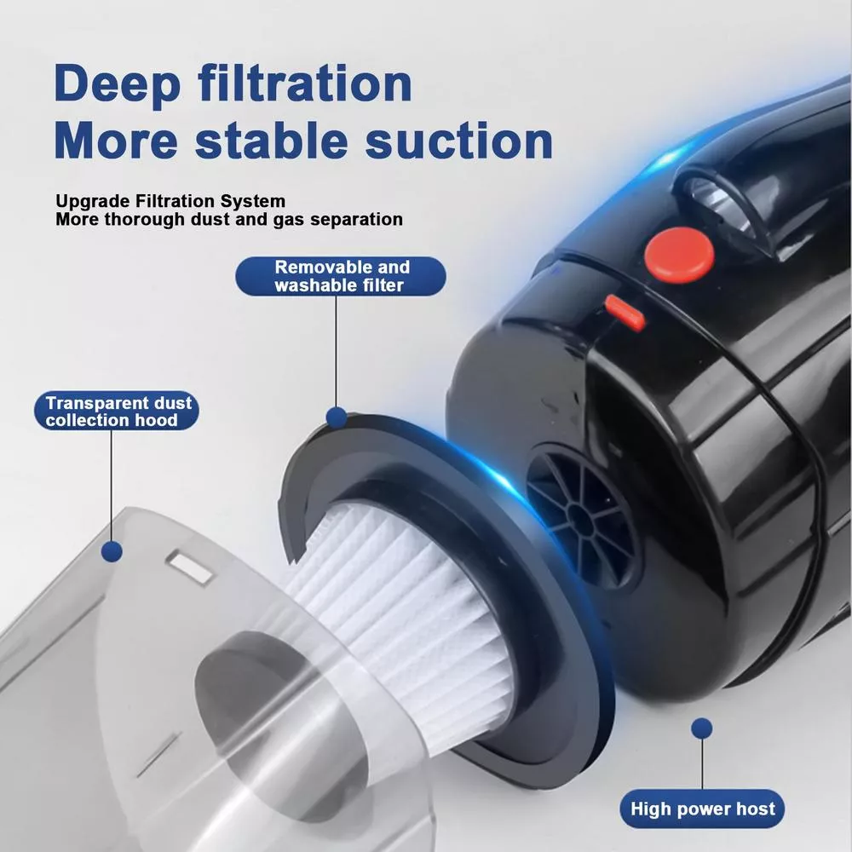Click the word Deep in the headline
pyautogui.click(x=117, y=84)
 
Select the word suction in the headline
pyautogui.click(x=459, y=141)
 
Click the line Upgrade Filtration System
pyautogui.click(x=170, y=201)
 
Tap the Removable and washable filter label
pyautogui.click(x=341, y=276)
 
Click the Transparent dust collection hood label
pyautogui.click(x=116, y=411)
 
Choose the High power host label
pyautogui.click(x=702, y=809)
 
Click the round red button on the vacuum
pyautogui.click(x=679, y=256)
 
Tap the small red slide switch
pyautogui.click(x=625, y=313)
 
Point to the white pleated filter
pyautogui.click(x=402, y=608)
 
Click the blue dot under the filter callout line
pyautogui.click(x=337, y=417)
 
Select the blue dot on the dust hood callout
pyautogui.click(x=112, y=551)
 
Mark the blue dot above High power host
pyautogui.click(x=702, y=728)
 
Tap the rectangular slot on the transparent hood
pyautogui.click(x=190, y=567)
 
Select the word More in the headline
pyautogui.click(x=116, y=141)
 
